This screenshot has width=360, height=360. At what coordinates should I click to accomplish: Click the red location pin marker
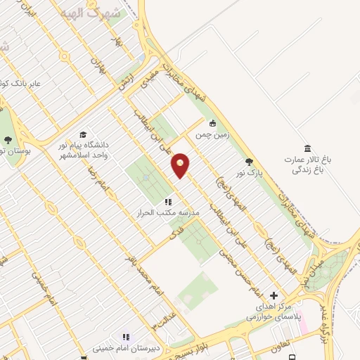tap(181, 165)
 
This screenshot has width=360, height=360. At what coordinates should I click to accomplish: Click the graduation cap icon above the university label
tap(83, 134)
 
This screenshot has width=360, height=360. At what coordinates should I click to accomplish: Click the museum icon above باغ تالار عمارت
tap(307, 148)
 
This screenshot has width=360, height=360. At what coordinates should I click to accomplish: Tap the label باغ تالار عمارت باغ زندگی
tap(308, 165)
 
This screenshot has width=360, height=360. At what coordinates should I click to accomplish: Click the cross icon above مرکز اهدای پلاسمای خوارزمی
tap(274, 296)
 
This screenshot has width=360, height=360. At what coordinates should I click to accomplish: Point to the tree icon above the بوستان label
tap(7, 140)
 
